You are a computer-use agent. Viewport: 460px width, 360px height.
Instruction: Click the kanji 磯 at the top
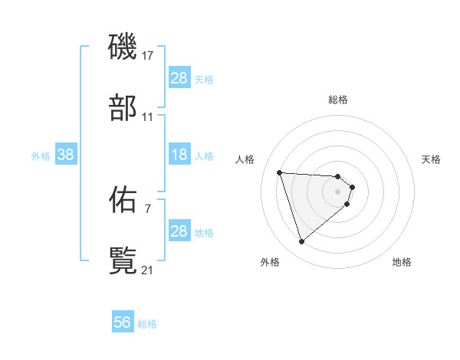click(123, 47)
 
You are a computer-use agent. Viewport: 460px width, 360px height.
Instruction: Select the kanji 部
click(123, 108)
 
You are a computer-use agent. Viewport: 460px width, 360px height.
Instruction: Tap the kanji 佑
click(123, 200)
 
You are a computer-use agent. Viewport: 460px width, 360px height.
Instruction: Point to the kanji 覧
click(123, 261)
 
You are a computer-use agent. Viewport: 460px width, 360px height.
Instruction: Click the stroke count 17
click(148, 56)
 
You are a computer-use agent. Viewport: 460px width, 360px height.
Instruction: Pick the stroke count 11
click(148, 117)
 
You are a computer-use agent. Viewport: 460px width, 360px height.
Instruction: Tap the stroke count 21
click(148, 270)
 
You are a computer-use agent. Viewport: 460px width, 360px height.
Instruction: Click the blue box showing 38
click(66, 155)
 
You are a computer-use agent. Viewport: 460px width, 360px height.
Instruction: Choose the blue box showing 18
click(179, 155)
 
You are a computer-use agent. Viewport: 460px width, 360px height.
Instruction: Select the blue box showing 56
click(123, 322)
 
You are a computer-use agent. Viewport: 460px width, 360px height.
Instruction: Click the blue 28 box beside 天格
click(179, 78)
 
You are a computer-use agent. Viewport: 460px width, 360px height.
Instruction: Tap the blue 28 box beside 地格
click(179, 231)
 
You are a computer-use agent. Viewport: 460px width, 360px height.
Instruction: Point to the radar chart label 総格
click(338, 100)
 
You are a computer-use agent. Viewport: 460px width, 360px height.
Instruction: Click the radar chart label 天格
click(432, 159)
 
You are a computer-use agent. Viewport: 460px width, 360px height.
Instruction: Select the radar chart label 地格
click(402, 262)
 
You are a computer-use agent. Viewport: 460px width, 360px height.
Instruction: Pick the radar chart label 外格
click(270, 262)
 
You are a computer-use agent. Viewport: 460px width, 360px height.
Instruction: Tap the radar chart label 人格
click(245, 159)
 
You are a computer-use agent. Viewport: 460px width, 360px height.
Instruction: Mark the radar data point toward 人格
click(280, 172)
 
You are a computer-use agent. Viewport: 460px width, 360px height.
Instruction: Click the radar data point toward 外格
click(301, 242)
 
